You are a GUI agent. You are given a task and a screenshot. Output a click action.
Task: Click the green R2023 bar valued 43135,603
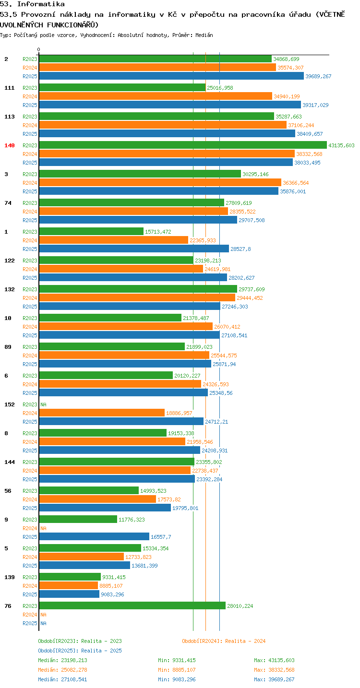click(x=183, y=145)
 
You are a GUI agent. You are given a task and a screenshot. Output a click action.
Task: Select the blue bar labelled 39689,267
click(x=171, y=76)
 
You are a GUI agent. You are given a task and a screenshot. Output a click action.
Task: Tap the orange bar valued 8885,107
click(x=69, y=585)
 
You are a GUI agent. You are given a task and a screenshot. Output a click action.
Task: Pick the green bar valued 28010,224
click(x=132, y=605)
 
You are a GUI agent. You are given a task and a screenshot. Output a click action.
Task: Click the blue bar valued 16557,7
click(x=94, y=536)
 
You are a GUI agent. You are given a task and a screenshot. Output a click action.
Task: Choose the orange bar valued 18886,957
click(x=102, y=413)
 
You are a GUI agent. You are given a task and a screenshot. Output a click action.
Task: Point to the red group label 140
click(x=10, y=145)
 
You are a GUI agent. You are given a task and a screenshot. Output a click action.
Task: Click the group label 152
click(x=10, y=404)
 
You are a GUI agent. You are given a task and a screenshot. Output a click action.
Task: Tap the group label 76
click(x=8, y=606)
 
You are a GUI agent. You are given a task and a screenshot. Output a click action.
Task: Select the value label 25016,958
click(x=220, y=88)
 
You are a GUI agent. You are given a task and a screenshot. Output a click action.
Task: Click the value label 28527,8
click(x=240, y=249)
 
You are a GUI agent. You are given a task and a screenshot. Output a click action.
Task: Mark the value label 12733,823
click(x=138, y=557)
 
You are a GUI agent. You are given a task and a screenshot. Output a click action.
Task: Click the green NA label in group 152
click(x=43, y=404)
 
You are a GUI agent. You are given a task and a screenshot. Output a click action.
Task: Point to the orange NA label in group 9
click(x=43, y=528)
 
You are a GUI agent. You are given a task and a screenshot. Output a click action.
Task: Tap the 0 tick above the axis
click(x=38, y=49)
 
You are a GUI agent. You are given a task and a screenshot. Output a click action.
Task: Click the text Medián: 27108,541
click(x=63, y=679)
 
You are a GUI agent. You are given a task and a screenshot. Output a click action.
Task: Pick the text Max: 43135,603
click(x=274, y=660)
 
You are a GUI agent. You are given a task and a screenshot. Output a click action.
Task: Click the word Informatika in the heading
click(x=41, y=4)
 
